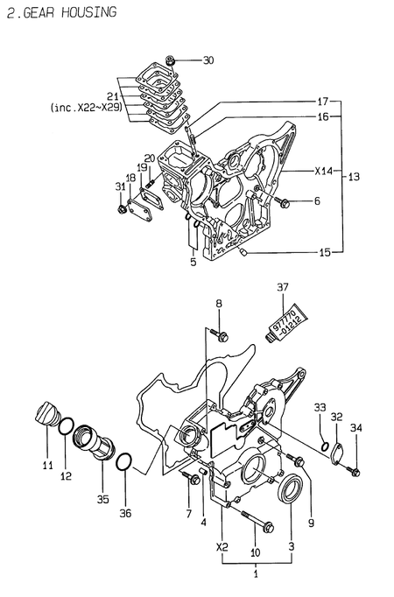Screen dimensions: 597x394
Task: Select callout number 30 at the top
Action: pyautogui.click(x=208, y=60)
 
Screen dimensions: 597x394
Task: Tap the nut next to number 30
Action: pyautogui.click(x=173, y=60)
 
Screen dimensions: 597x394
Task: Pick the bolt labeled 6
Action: pyautogui.click(x=283, y=202)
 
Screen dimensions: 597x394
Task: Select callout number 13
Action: pyautogui.click(x=354, y=177)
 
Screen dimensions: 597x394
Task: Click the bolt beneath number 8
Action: pyautogui.click(x=221, y=335)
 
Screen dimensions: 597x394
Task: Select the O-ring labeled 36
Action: pyautogui.click(x=125, y=460)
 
